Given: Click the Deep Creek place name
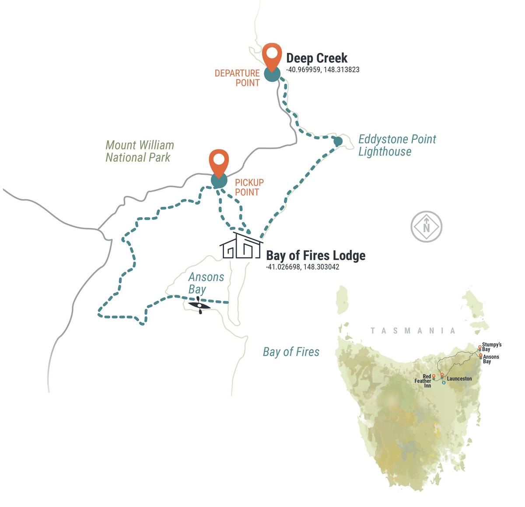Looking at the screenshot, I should tap(317, 58).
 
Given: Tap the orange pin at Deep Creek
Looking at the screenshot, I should tap(272, 55).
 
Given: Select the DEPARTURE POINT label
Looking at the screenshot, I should tap(237, 78).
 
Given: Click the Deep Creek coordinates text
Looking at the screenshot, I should tap(322, 69).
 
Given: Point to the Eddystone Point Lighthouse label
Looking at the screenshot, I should tap(397, 145).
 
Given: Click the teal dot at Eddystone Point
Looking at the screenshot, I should tap(338, 141).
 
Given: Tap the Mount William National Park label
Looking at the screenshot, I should tap(140, 151).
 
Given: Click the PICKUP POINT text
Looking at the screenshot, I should tap(249, 187).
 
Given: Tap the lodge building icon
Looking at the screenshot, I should tap(241, 246).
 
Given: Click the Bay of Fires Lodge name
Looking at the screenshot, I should tap(315, 255).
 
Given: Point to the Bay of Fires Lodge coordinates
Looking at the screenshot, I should tap(302, 267).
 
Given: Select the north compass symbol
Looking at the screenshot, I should tap(426, 227).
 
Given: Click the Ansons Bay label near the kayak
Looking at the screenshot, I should tap(206, 283).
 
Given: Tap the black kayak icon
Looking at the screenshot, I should tap(199, 305).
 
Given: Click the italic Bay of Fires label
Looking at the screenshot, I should tap(291, 352).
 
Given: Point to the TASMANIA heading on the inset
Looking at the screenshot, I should tap(413, 331).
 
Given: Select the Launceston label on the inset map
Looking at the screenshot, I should tap(459, 379).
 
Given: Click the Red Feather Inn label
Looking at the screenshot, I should tap(423, 381).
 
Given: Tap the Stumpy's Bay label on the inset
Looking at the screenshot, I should tap(491, 347).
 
